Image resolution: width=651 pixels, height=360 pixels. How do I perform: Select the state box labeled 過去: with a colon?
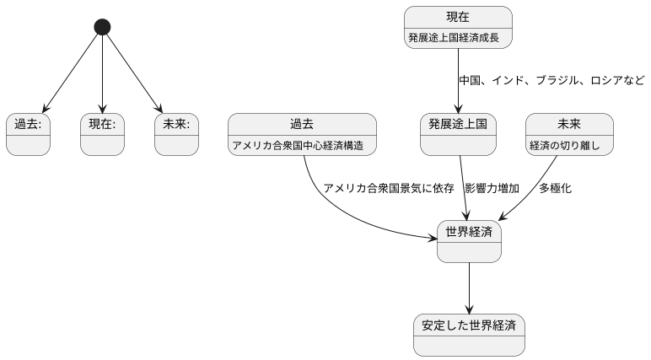28,134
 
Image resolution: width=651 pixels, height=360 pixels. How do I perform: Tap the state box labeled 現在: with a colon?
102,134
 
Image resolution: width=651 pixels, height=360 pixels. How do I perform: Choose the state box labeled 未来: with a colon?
176,134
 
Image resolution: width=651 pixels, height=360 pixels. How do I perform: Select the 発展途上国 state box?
458,134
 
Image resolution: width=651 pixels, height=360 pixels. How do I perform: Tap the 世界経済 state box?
469,241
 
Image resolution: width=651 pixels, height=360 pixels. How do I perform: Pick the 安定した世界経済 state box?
469,335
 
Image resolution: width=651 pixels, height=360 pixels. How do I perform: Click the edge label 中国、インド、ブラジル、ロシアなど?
551,81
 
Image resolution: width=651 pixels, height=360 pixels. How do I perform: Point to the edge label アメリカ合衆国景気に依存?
389,188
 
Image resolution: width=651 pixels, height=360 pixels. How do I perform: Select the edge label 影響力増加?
492,188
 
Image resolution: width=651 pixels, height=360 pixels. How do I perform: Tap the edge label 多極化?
555,188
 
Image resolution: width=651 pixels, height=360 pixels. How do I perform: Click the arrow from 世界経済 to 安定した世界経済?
469,287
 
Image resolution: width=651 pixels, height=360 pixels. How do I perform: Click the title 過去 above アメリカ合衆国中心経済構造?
302,125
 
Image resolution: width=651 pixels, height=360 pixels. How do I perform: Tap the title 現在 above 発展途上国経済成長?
458,17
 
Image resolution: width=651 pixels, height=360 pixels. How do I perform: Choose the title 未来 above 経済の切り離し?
568,125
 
